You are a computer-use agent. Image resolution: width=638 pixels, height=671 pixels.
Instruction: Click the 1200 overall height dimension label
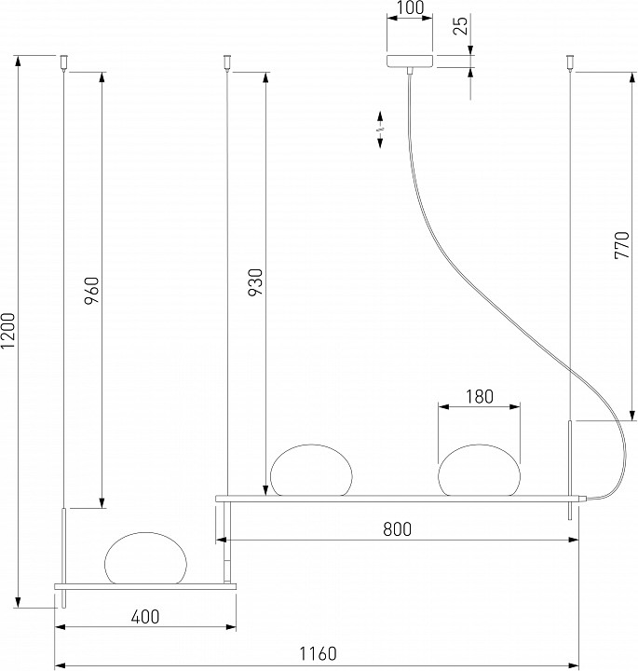click(8, 330)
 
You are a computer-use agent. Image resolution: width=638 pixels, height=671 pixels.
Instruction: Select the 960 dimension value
click(92, 291)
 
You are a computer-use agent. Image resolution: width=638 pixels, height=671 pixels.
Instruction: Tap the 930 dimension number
click(255, 282)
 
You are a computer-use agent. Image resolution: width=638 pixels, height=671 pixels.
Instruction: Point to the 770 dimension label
click(622, 245)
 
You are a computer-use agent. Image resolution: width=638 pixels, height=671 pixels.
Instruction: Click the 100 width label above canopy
click(410, 7)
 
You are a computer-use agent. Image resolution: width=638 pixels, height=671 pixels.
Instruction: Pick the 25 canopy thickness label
click(460, 26)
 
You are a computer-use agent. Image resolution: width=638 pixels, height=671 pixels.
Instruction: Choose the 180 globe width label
click(480, 397)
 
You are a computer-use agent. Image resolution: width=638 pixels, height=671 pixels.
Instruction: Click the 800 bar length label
click(398, 529)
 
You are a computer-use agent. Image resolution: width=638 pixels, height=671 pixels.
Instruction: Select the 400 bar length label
click(145, 617)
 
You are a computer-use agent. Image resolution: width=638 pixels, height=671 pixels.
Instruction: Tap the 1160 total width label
click(318, 654)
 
